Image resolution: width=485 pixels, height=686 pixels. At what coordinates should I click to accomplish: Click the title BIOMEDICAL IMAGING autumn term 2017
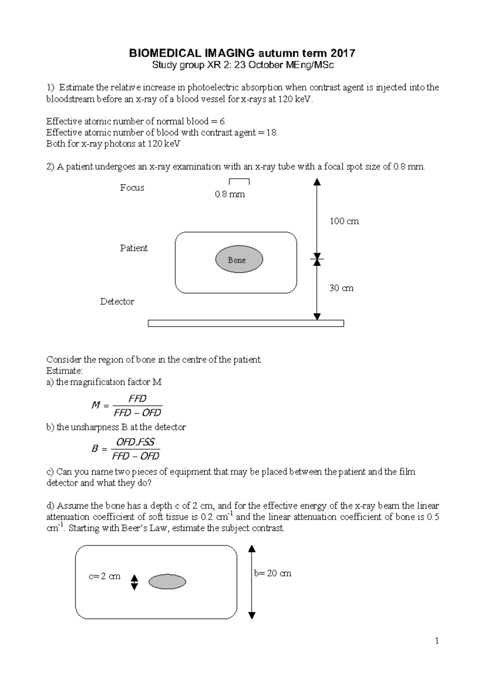click(x=242, y=53)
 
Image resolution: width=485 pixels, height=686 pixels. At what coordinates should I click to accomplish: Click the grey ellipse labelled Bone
click(x=239, y=260)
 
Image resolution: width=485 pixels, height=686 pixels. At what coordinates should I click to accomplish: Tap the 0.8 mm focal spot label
click(x=230, y=194)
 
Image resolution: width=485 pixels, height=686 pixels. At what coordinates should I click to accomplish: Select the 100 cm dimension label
click(x=344, y=221)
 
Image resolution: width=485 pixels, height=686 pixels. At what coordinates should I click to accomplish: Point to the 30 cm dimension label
click(x=341, y=288)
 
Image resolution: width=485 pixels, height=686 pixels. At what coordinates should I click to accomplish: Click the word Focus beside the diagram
click(x=132, y=188)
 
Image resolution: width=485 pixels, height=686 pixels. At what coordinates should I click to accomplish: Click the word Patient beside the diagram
click(x=134, y=248)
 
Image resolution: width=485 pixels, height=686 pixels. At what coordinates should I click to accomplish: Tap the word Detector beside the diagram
click(x=117, y=302)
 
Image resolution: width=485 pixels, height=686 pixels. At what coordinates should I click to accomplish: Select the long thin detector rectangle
click(x=246, y=323)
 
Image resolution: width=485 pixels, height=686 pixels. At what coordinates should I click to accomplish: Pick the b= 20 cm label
click(x=273, y=573)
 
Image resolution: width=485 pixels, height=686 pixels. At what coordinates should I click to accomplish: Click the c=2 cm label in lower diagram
click(x=104, y=577)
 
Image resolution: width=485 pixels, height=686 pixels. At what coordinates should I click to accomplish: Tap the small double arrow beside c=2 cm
click(x=135, y=582)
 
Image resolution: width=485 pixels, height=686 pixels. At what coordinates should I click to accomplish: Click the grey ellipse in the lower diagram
click(x=167, y=582)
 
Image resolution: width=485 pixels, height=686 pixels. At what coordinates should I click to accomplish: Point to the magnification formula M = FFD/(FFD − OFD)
click(x=127, y=406)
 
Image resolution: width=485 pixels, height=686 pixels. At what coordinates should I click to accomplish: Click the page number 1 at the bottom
click(x=437, y=641)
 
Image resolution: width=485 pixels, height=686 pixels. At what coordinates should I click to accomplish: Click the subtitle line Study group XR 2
click(x=242, y=65)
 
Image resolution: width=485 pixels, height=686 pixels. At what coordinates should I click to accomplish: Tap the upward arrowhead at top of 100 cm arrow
click(x=317, y=182)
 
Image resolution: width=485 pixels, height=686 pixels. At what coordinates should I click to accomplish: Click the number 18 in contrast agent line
click(x=271, y=133)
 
